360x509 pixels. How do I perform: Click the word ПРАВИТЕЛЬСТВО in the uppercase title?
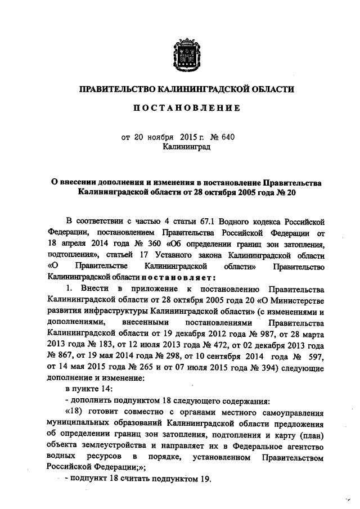(x=115, y=89)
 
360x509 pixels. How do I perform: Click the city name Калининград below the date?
(x=186, y=147)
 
